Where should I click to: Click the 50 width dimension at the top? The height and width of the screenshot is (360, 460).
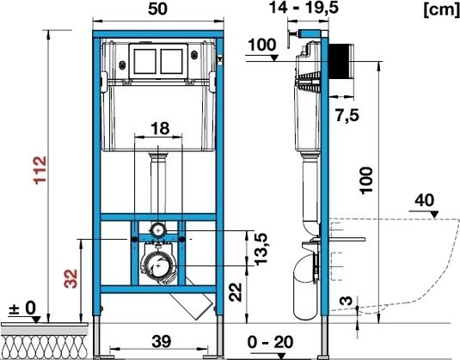click(157, 9)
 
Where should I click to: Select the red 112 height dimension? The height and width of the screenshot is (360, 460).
click(40, 170)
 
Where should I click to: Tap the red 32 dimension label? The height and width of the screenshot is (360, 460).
click(71, 278)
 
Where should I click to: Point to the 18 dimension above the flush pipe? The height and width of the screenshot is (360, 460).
click(160, 128)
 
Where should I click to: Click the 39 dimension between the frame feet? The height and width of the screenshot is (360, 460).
click(162, 342)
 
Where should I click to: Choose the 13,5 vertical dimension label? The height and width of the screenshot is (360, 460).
click(261, 249)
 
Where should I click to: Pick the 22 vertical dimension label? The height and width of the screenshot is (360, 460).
click(236, 292)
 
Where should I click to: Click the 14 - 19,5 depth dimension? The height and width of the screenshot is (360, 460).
click(304, 8)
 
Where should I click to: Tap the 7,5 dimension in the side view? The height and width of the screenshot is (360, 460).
click(347, 115)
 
